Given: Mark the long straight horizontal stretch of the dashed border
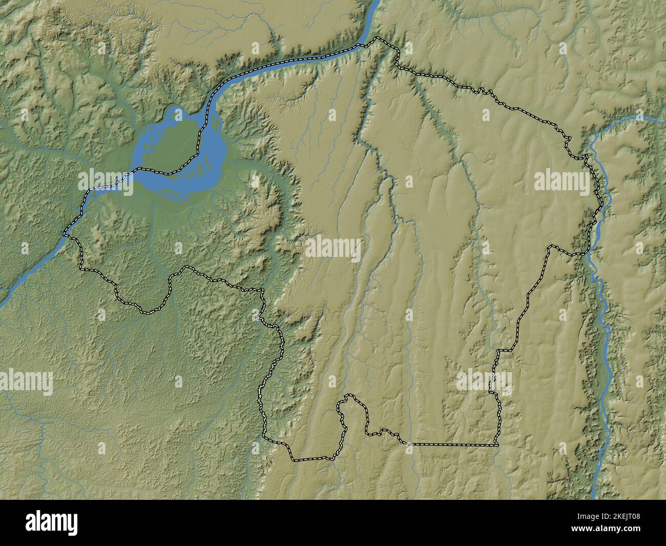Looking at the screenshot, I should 451,444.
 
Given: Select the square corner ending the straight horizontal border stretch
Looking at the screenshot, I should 497,444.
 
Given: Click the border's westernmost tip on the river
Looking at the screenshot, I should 65,235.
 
